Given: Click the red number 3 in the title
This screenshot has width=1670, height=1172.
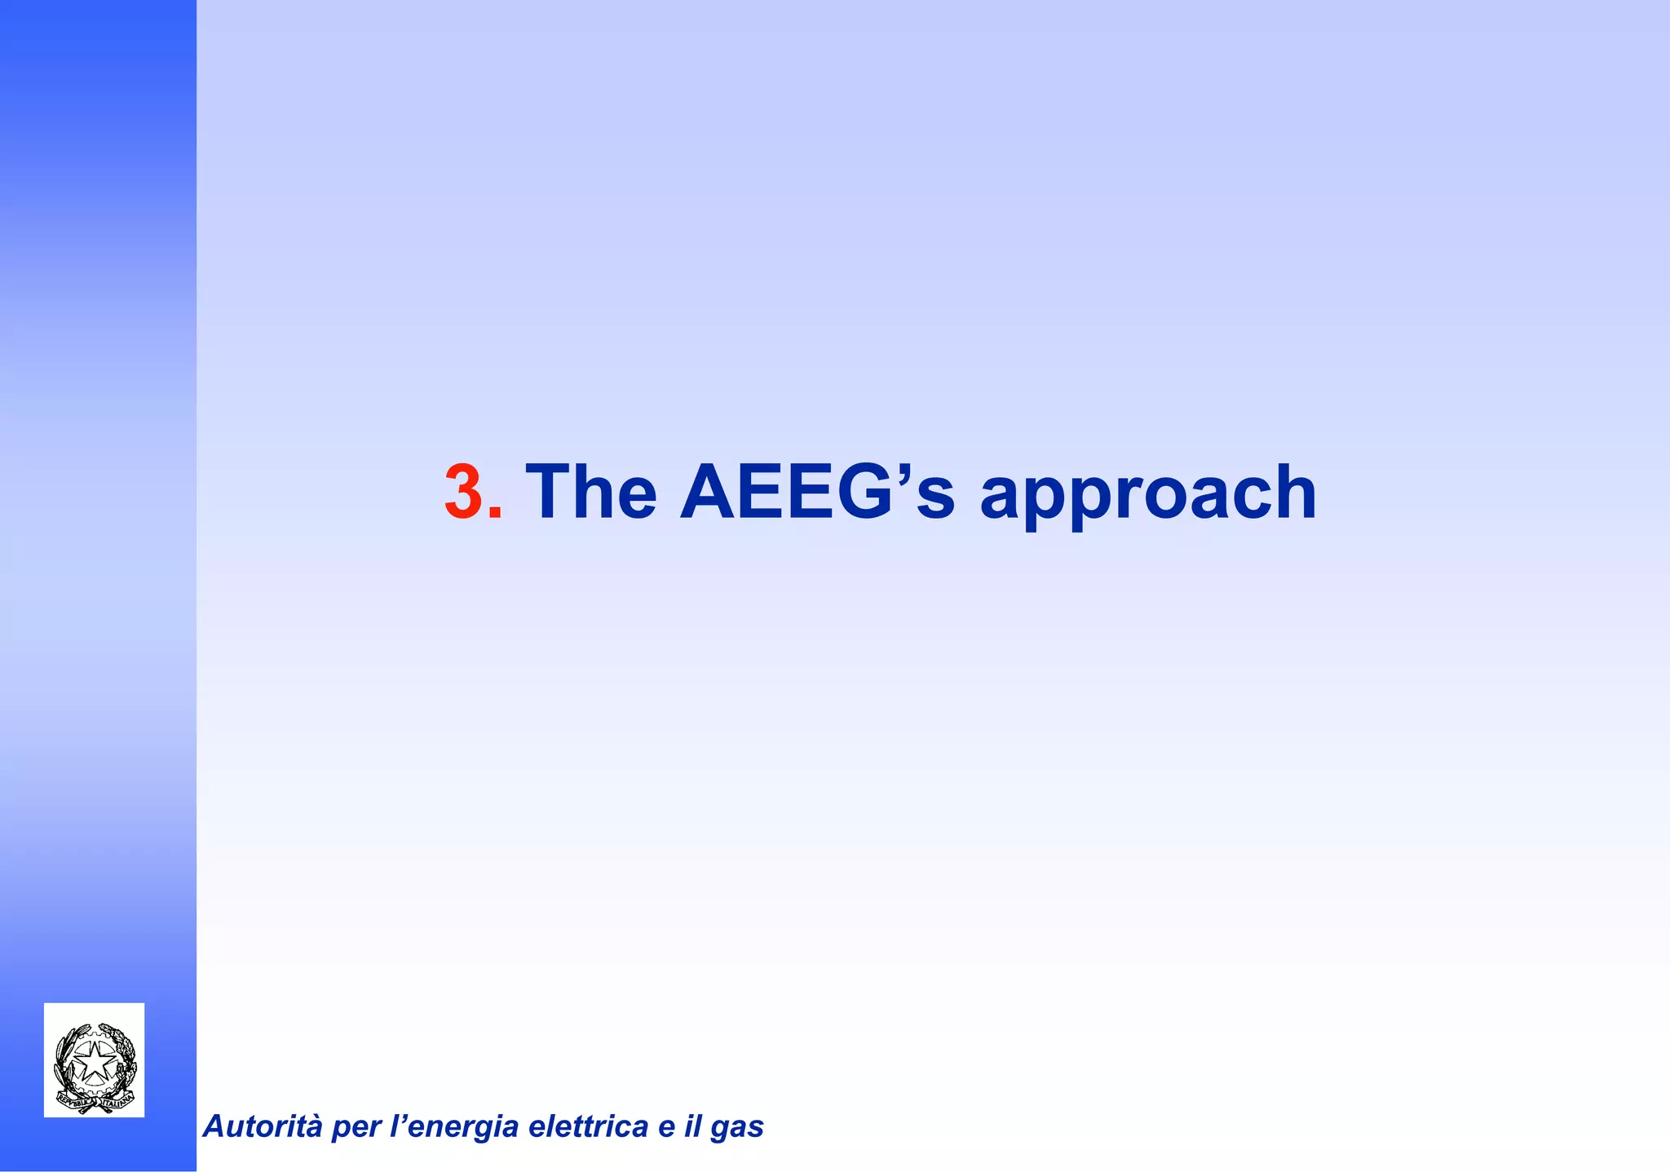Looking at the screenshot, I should pyautogui.click(x=462, y=492).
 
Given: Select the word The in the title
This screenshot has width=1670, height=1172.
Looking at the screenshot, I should pyautogui.click(x=591, y=492).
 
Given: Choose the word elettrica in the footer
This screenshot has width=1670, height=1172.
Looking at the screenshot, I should pyautogui.click(x=588, y=1126).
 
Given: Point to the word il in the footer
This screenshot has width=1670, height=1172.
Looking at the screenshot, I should pyautogui.click(x=693, y=1126).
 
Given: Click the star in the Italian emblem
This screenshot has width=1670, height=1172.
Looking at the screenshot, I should pyautogui.click(x=95, y=1061).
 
